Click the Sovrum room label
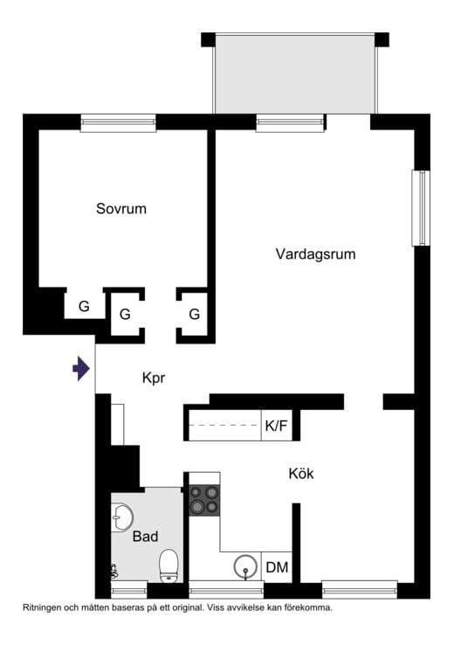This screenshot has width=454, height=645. pyautogui.click(x=121, y=210)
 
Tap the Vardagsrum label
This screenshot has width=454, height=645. pyautogui.click(x=316, y=254)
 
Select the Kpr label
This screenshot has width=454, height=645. pyautogui.click(x=154, y=378)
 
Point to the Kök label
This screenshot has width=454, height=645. pyautogui.click(x=301, y=474)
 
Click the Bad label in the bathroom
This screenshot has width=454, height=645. pyautogui.click(x=145, y=537)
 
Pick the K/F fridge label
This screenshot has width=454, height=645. pyautogui.click(x=276, y=427)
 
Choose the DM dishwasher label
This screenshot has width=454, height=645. pyautogui.click(x=277, y=568)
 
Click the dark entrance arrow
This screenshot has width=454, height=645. pyautogui.click(x=81, y=369)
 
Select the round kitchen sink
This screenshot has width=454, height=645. pyautogui.click(x=247, y=567)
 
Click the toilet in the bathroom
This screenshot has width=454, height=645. pyautogui.click(x=169, y=565)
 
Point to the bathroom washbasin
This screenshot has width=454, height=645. pyautogui.click(x=120, y=517)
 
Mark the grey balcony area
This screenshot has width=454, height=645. pyautogui.click(x=295, y=73)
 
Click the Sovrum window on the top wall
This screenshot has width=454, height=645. pyautogui.click(x=118, y=122)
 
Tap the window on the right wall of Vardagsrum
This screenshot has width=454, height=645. pyautogui.click(x=421, y=208)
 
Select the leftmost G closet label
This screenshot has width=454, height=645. pyautogui.click(x=84, y=307)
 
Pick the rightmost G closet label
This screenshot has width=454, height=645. pyautogui.click(x=195, y=314)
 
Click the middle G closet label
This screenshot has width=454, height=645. pyautogui.click(x=125, y=314)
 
